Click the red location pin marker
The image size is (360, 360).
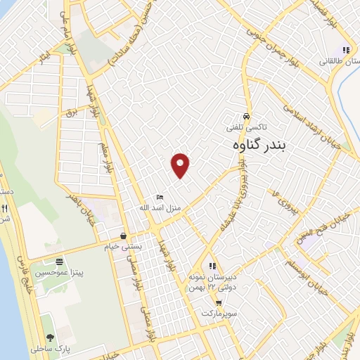coord(181,165)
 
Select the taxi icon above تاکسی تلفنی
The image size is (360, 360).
coord(245,116)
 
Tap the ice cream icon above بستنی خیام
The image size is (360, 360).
coord(123,235)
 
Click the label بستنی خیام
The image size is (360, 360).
coord(124,245)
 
